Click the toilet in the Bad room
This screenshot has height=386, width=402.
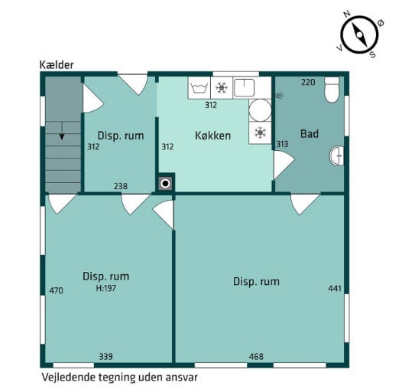click(332, 90)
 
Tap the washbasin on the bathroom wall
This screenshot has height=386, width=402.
click(336, 155)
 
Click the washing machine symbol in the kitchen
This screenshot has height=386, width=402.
click(199, 88)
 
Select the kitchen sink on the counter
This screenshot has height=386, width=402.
click(245, 87)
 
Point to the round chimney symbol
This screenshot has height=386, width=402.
click(165, 184)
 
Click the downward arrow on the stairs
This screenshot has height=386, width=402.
click(62, 131)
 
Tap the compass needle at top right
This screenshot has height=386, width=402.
click(359, 34)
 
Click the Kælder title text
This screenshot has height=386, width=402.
click(57, 65)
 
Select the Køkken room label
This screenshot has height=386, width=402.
click(212, 136)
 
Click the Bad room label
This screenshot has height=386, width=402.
click(310, 133)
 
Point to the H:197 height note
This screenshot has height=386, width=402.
click(106, 288)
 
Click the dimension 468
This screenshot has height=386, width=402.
click(256, 356)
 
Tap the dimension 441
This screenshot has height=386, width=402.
click(335, 288)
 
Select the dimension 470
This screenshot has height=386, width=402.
click(56, 290)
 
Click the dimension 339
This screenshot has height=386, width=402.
click(106, 356)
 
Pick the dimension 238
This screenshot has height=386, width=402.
click(121, 186)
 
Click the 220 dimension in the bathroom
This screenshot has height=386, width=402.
click(308, 82)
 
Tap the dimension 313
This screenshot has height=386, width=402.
click(282, 144)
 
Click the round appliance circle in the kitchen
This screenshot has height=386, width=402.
click(260, 110)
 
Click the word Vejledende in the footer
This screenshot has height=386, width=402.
click(66, 378)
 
